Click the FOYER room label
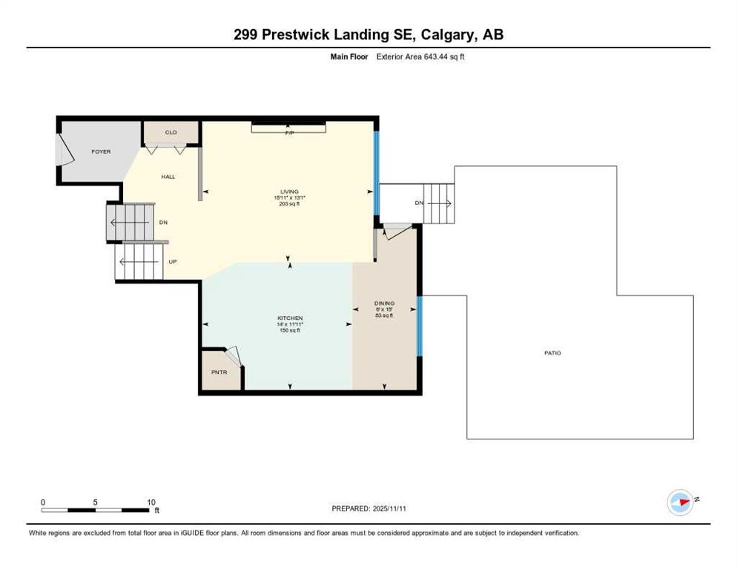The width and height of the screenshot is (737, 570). tap(101, 151)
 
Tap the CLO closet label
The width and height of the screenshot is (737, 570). tap(171, 132)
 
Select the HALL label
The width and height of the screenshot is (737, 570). tap(168, 177)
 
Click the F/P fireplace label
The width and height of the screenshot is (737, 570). tap(289, 133)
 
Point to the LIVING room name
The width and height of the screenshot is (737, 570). tap(289, 191)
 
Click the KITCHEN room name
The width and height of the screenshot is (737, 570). tap(290, 318)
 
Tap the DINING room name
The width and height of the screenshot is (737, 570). tap(385, 303)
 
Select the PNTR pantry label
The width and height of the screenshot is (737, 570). tap(219, 372)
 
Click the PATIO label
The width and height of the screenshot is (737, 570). tap(553, 353)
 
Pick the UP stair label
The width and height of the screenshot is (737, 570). tap(173, 262)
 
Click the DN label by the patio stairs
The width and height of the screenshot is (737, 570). tap(419, 203)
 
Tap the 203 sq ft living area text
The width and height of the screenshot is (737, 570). tap(289, 204)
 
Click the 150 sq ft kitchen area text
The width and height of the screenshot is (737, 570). tap(290, 330)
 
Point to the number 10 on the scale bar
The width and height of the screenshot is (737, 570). tap(151, 502)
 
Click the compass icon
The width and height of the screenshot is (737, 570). tap(680, 502)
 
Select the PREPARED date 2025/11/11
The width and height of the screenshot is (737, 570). tap(390, 508)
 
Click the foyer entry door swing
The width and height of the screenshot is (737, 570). tap(65, 150)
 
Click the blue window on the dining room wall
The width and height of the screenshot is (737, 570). tap(420, 326)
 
